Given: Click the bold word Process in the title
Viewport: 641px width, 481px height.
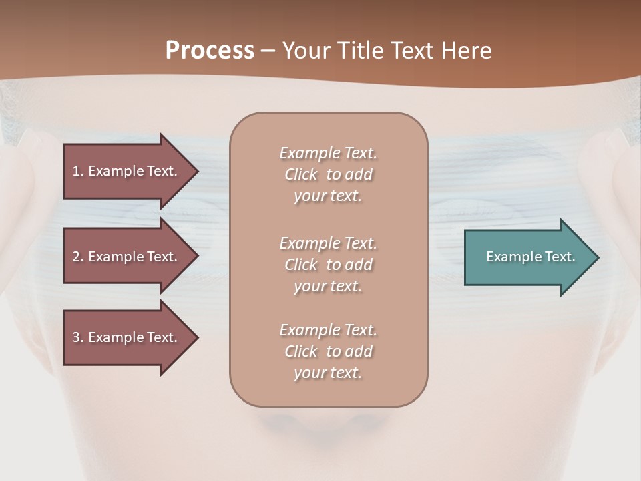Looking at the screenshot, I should click(210, 51).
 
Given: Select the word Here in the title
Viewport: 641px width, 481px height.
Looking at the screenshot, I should click(466, 51).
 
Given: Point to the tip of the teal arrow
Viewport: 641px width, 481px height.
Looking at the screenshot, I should click(597, 257).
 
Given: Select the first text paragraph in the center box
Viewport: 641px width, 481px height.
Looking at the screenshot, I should click(328, 174).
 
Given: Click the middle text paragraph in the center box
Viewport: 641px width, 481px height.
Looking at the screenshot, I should click(328, 265).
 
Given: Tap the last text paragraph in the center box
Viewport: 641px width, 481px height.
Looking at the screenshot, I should click(328, 351).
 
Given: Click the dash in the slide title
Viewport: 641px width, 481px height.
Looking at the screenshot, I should click(268, 51).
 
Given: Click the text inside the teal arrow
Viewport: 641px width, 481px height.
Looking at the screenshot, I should click(530, 257).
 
